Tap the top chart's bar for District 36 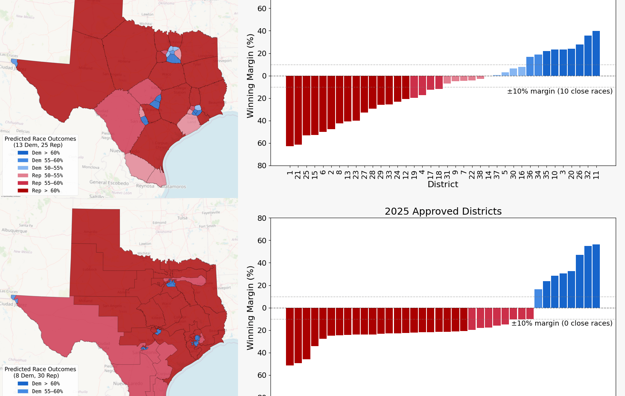pyautogui.click(x=530, y=67)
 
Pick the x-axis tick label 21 pyautogui.click(x=298, y=175)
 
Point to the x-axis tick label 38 pyautogui.click(x=480, y=175)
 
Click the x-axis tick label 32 pyautogui.click(x=588, y=175)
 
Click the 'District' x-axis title pyautogui.click(x=443, y=184)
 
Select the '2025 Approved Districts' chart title pyautogui.click(x=443, y=212)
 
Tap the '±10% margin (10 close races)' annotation pyautogui.click(x=560, y=91)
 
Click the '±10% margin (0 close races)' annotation pyautogui.click(x=562, y=323)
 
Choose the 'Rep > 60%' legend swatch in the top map pyautogui.click(x=23, y=191)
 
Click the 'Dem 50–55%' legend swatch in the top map pyautogui.click(x=23, y=168)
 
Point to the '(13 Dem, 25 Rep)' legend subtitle pyautogui.click(x=38, y=145)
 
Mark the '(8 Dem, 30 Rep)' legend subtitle pyautogui.click(x=36, y=376)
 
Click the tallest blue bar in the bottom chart pyautogui.click(x=596, y=276)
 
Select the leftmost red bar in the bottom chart pyautogui.click(x=290, y=336)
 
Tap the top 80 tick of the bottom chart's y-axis pyautogui.click(x=262, y=218)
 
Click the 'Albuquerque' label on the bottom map pyautogui.click(x=14, y=231)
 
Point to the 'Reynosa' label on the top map pyautogui.click(x=145, y=186)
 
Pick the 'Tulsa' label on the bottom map pyautogui.click(x=182, y=218)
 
